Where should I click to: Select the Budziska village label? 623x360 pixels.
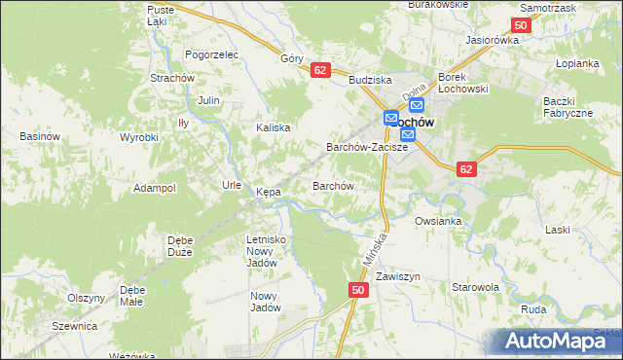click(x=370, y=82)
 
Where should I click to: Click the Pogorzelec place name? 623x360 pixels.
click(x=211, y=55)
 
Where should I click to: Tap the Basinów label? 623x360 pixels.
click(x=40, y=136)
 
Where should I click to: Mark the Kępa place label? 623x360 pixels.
click(x=269, y=193)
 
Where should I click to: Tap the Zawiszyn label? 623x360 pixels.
click(x=396, y=276)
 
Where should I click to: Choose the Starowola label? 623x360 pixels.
click(x=475, y=288)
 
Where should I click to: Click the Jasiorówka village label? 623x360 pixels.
click(x=493, y=40)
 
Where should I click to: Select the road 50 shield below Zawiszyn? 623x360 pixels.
click(x=359, y=291)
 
